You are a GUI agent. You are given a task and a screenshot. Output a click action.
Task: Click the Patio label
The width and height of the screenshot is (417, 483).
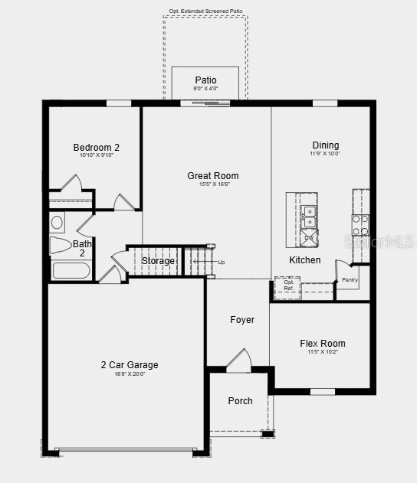(x=205, y=80)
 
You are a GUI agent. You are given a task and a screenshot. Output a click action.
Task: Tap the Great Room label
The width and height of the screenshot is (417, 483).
(x=208, y=176)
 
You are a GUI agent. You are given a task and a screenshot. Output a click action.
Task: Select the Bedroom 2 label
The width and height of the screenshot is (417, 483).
(x=97, y=148)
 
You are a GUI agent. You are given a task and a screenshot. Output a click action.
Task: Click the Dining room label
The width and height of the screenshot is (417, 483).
(x=325, y=145)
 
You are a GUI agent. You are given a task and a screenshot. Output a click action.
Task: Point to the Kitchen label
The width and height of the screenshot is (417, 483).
(x=304, y=260)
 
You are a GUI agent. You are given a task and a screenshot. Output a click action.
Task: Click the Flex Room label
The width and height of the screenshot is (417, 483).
(x=322, y=344)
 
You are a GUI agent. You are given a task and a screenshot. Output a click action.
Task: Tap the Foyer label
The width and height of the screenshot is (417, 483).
(x=242, y=320)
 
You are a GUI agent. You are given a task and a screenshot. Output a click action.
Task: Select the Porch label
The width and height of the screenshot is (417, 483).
(x=240, y=401)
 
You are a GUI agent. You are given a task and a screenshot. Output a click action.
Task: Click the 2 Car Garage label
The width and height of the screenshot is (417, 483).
(x=129, y=365)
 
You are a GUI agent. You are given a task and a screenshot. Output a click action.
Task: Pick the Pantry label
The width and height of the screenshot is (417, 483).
(x=350, y=280)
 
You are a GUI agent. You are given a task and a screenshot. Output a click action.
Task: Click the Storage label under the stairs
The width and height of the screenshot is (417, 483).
(x=158, y=262)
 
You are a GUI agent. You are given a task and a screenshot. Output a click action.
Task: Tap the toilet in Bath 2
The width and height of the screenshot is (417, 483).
(x=61, y=245)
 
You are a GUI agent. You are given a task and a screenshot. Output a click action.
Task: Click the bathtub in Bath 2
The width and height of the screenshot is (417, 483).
(x=71, y=272)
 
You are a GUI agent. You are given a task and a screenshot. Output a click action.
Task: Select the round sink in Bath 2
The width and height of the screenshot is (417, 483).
(x=57, y=223)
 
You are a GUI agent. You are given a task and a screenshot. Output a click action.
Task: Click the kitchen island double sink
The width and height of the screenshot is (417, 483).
(x=310, y=217)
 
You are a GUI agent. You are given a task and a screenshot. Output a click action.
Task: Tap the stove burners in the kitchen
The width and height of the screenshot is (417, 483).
(x=360, y=224)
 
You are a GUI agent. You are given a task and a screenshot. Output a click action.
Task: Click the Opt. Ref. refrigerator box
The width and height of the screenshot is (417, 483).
(x=288, y=285)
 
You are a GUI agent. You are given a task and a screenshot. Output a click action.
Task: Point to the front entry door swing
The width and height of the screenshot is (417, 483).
(x=239, y=361)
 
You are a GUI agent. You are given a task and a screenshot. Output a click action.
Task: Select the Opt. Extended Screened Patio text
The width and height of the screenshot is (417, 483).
(x=205, y=11)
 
